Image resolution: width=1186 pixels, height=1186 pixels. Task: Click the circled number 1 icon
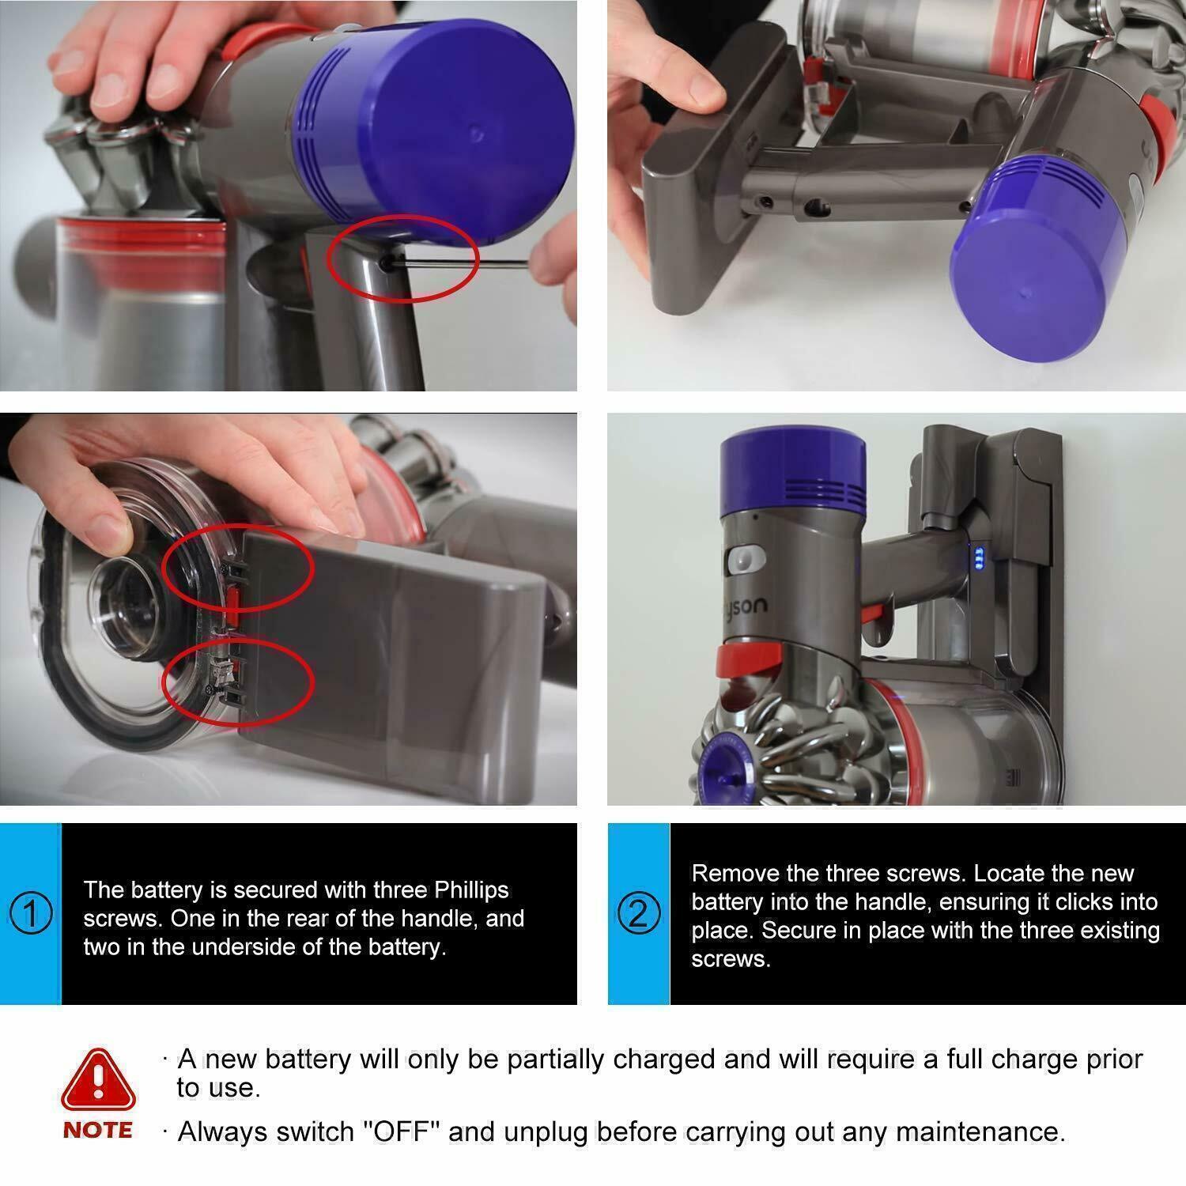pos(31,914)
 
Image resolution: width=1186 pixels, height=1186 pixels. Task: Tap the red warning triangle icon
pos(98,1079)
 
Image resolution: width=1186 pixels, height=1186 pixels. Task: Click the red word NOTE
pos(98,1131)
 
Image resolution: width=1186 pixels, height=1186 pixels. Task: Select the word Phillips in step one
pos(471,890)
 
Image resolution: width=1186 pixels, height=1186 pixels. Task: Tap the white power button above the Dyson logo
pos(744,560)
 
